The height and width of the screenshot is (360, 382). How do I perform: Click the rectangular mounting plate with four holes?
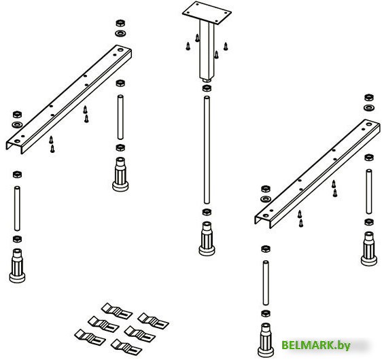point(207,13)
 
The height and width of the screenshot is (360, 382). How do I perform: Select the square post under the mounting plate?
point(207,50)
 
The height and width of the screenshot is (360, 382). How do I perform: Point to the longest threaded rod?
point(207,149)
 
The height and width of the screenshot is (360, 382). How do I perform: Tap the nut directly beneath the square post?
point(207,88)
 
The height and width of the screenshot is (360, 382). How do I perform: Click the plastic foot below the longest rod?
point(207,238)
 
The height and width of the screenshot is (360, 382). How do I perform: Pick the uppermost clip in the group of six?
point(117,311)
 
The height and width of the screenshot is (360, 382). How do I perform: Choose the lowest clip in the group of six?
point(126,347)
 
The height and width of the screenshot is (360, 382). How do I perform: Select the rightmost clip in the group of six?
point(153,321)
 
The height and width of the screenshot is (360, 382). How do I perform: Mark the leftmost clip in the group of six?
point(90,338)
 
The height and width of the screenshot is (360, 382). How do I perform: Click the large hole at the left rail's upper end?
point(120,50)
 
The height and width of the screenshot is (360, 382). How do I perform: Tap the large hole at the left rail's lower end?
point(17,141)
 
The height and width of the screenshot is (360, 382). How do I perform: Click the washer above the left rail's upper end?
point(120,33)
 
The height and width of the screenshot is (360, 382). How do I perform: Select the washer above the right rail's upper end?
point(369,107)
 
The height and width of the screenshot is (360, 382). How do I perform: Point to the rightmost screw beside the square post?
point(226,46)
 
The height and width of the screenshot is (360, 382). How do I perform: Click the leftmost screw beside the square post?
point(188,46)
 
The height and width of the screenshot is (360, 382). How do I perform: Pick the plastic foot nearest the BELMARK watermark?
point(266,340)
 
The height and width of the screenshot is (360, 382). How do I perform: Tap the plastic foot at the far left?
point(17,266)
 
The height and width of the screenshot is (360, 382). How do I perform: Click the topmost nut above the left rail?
point(120,23)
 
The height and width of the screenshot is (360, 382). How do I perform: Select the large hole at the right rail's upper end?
point(369,124)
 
